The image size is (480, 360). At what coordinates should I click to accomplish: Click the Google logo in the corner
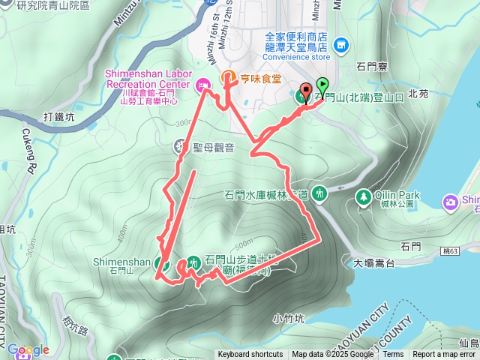(x=28, y=350)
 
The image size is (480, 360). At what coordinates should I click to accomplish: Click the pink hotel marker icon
(x=202, y=87)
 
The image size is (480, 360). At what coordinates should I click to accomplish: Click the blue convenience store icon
(x=342, y=45)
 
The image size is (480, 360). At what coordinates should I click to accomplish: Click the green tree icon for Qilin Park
(x=364, y=196)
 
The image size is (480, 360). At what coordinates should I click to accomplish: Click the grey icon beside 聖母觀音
(x=181, y=145)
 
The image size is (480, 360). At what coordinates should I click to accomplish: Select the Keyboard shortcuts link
(x=250, y=355)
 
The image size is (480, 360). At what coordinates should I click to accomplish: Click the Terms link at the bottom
(x=393, y=355)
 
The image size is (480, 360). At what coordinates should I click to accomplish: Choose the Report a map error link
(x=445, y=355)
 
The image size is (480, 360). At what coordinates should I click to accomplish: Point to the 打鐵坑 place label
(x=58, y=116)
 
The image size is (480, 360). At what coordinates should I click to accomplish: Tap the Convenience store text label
(x=297, y=56)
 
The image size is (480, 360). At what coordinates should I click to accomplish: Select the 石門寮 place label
(x=372, y=65)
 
